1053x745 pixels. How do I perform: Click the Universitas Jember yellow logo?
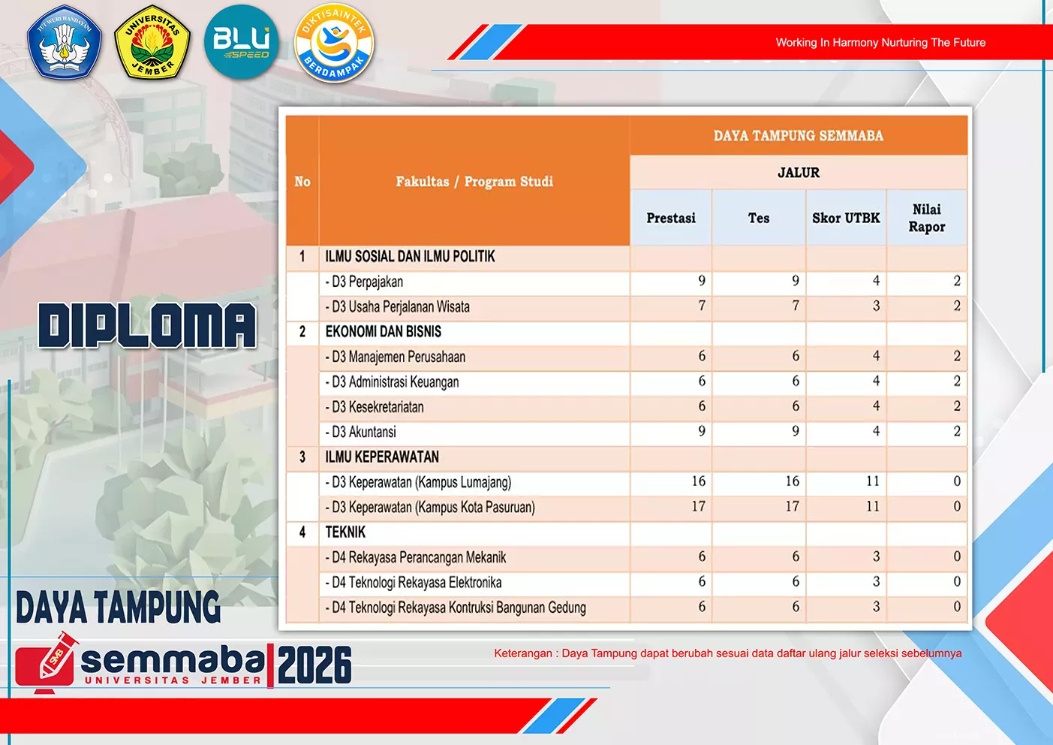152,42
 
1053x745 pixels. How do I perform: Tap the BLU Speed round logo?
241,42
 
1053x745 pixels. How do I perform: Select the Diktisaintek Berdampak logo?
334,43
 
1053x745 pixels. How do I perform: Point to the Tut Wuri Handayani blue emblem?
64,41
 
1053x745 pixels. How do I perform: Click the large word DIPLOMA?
148,325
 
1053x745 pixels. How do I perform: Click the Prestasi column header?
671,218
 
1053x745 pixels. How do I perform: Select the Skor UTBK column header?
846,218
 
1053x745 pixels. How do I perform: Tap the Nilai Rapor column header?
927,218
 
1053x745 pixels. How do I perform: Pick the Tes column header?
759,218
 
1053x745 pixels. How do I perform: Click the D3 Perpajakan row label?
364,282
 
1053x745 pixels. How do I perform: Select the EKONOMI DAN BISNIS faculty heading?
383,332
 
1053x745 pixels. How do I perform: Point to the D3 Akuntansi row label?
360,432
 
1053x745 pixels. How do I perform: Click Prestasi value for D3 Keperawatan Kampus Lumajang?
699,481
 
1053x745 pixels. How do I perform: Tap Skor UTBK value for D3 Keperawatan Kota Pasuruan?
873,506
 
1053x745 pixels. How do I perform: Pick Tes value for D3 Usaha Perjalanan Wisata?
796,306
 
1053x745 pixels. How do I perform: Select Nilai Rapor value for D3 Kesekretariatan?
957,406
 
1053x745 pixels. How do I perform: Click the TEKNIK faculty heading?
345,532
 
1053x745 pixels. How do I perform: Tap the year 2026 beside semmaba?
314,665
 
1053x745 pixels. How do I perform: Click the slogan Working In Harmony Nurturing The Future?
880,42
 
